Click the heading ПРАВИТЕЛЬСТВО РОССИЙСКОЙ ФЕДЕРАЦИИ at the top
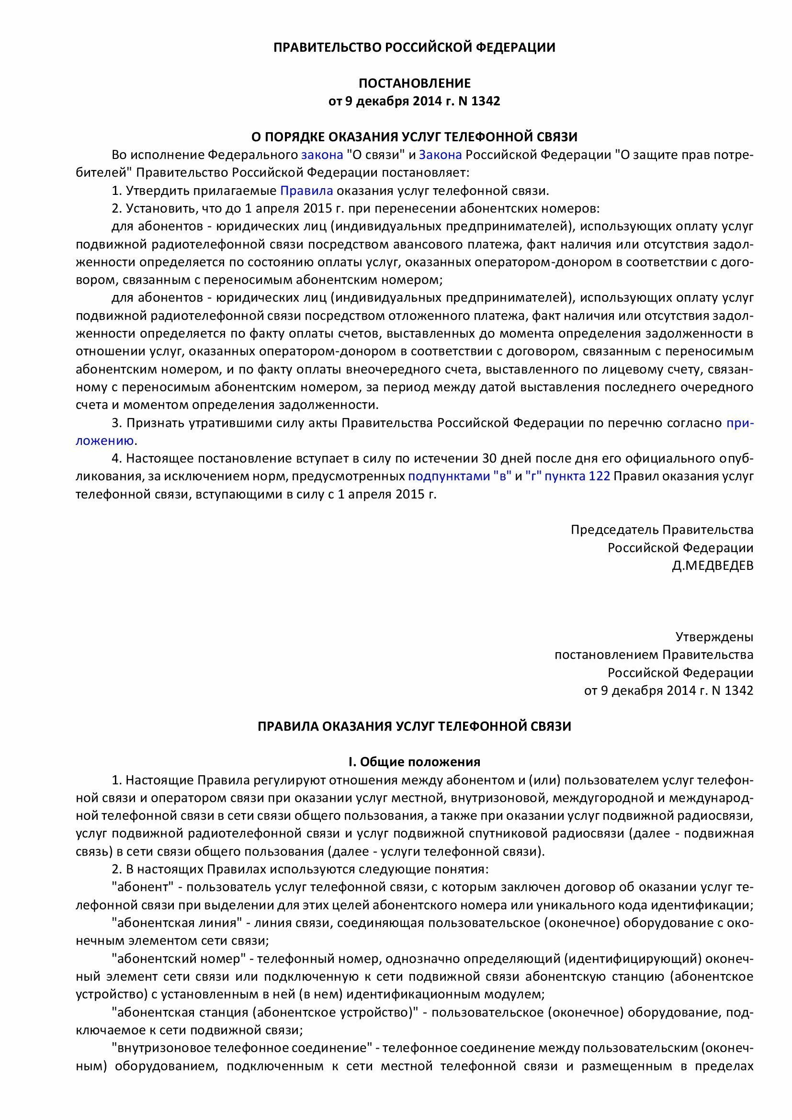(x=414, y=47)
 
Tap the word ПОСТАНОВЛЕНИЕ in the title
(x=414, y=83)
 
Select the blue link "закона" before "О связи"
(x=322, y=155)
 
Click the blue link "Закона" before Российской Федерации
(x=440, y=155)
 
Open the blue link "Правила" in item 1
(x=307, y=191)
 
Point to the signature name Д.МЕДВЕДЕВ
(x=712, y=566)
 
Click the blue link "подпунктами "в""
(x=459, y=476)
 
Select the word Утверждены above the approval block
(x=714, y=636)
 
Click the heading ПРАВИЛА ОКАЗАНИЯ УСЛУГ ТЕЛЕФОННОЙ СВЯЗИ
(x=414, y=726)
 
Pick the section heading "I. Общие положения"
(x=414, y=762)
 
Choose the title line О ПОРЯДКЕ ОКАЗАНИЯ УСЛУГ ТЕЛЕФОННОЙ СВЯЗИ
(x=414, y=136)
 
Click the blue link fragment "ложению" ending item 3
(x=105, y=441)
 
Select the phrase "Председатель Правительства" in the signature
(x=662, y=530)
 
